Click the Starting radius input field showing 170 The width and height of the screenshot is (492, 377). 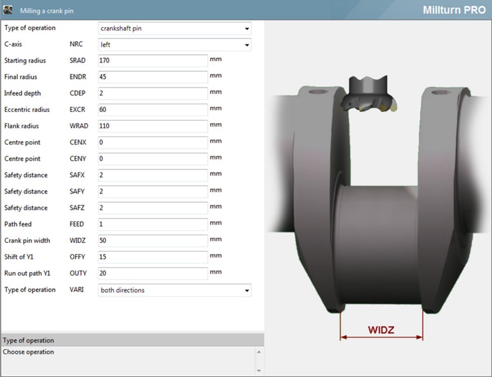153,61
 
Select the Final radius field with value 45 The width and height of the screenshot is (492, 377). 153,77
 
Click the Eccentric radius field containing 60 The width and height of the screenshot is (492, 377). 153,110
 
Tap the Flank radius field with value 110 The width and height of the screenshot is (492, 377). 153,126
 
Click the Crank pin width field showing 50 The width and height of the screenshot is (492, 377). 153,241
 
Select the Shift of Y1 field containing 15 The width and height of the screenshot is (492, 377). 153,257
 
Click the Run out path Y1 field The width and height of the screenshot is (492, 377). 153,274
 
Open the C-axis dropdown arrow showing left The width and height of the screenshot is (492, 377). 247,45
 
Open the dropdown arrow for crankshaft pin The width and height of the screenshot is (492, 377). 247,29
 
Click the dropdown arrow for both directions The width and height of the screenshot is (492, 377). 247,290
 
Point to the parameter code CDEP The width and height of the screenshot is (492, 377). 77,93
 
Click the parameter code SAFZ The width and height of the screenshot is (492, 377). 77,208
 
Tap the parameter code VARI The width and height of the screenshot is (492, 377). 77,290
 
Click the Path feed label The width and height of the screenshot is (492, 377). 18,224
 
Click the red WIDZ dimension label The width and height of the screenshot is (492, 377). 381,330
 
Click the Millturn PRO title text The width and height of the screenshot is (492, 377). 454,10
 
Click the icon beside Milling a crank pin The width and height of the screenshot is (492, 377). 8,10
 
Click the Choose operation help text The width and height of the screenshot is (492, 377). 28,352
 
